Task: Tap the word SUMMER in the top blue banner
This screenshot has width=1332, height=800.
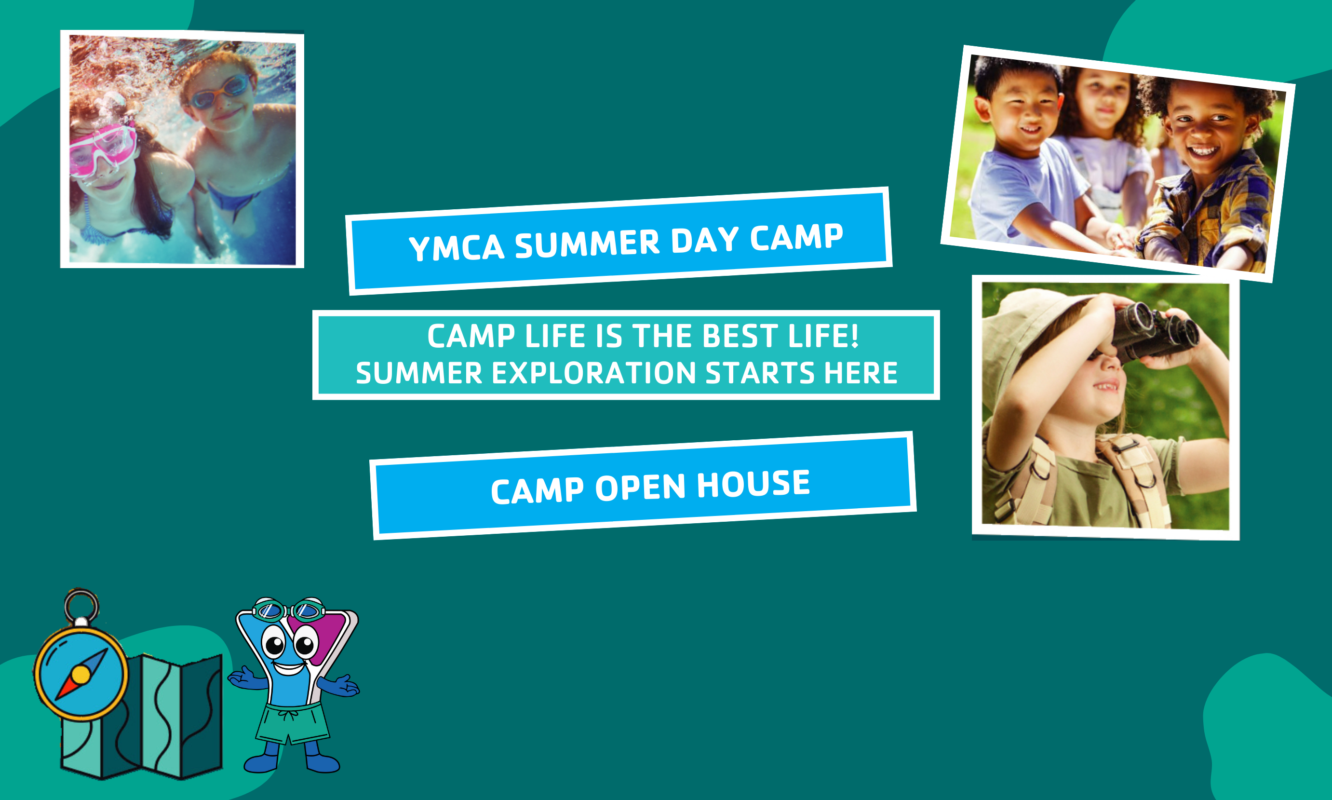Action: click(x=587, y=243)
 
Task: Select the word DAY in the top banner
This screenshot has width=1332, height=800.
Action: click(x=705, y=240)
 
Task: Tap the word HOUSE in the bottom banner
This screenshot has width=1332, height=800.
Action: click(x=753, y=484)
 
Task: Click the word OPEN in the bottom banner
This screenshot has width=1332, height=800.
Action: click(x=640, y=488)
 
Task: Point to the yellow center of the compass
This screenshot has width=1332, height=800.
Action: click(x=81, y=675)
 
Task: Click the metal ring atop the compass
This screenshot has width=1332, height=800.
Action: click(x=81, y=605)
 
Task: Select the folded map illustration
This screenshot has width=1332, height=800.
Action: click(x=142, y=717)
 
